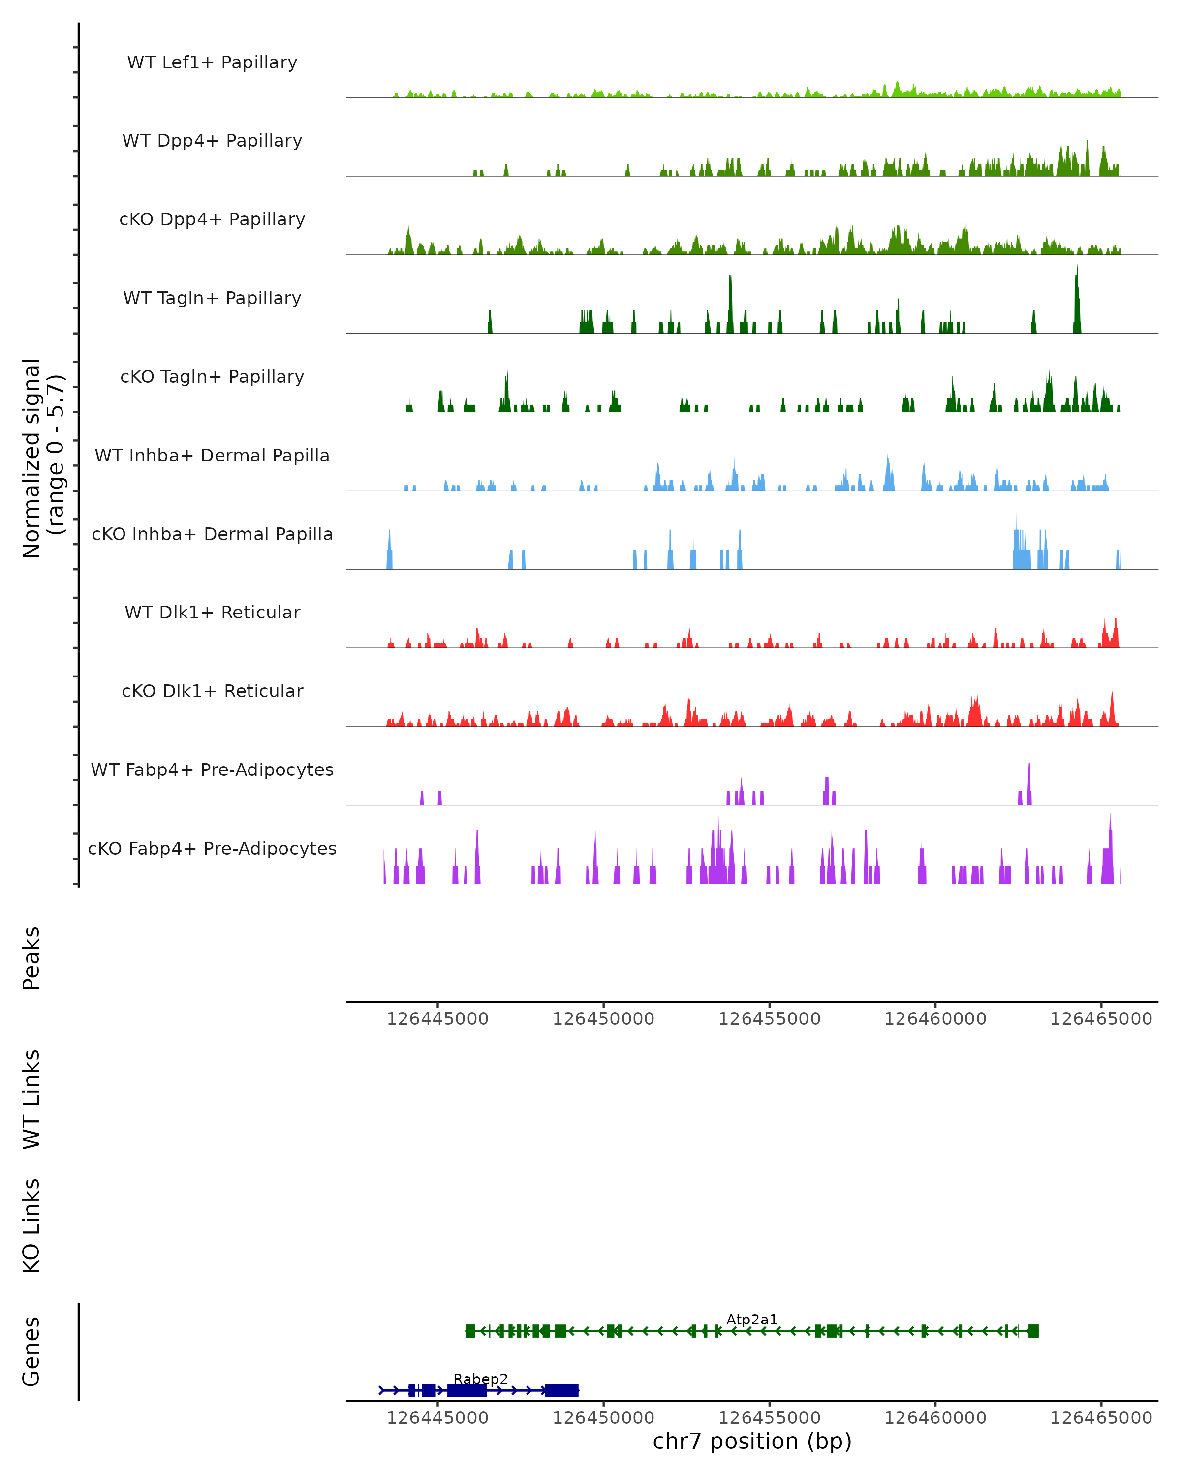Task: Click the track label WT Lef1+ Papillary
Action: point(212,62)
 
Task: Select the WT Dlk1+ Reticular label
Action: point(212,612)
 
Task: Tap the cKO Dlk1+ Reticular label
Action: point(212,691)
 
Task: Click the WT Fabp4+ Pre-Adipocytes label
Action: point(212,769)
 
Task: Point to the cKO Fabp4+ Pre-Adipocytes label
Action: point(212,848)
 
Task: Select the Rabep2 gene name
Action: point(481,1379)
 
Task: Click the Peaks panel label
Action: point(31,958)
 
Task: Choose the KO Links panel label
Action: point(31,1226)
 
